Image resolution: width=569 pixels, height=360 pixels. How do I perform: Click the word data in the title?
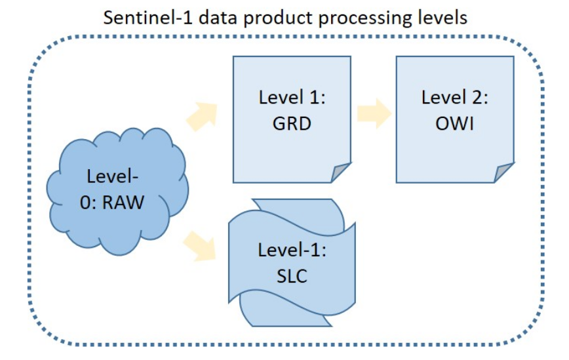(218, 18)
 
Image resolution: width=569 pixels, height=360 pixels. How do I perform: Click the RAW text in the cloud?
(123, 202)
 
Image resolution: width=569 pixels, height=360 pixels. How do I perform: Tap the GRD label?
(292, 123)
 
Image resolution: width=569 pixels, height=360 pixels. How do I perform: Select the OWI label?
(455, 123)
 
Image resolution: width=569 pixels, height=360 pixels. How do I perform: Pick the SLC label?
(292, 276)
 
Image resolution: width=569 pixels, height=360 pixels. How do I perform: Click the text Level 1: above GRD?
(292, 97)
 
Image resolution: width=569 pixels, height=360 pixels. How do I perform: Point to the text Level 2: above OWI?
(455, 97)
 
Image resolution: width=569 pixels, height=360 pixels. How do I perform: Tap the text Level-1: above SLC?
(292, 250)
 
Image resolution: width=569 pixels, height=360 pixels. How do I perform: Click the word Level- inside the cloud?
(113, 176)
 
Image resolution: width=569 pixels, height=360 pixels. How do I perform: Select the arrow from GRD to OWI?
(374, 113)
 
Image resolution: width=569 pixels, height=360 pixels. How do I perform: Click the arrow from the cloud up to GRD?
(203, 116)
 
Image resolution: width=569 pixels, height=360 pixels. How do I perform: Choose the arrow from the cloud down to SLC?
(200, 246)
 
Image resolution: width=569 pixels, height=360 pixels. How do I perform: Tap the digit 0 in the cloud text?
(85, 203)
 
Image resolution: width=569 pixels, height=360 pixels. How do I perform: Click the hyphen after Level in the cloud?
(135, 178)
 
